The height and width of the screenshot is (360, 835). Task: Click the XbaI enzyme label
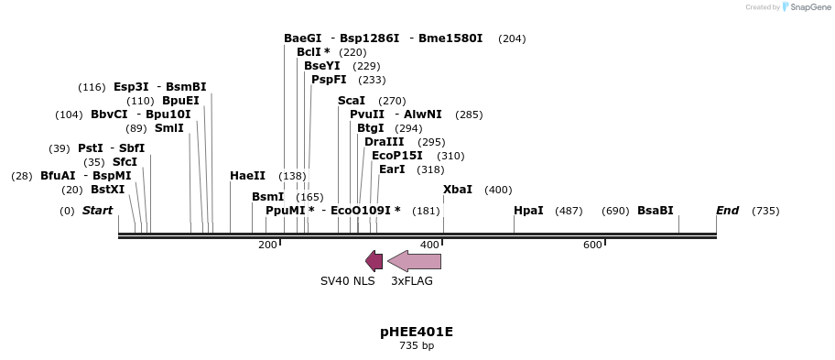coord(458,190)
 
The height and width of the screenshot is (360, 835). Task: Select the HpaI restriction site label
coord(528,211)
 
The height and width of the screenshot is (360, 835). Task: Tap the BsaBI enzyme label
coord(655,211)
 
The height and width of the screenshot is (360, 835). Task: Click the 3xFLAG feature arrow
coord(414,261)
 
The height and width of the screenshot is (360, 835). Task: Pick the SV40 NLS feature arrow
coord(374,261)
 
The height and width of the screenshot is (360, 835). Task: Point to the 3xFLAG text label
coord(412,281)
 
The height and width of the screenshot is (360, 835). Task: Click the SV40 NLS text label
coord(347,281)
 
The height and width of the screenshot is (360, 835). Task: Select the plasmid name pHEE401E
coord(417,332)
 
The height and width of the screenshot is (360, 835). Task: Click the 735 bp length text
coord(417,346)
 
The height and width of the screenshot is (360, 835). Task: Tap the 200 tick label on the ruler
coord(267,245)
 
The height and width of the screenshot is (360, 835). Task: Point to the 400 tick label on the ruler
coord(429,245)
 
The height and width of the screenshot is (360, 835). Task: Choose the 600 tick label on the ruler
coord(592,245)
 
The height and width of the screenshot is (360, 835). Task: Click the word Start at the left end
coord(97,211)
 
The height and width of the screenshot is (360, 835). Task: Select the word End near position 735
coord(727,211)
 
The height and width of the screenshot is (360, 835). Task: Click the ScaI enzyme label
coord(352,101)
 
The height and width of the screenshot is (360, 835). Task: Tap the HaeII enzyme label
coord(247,176)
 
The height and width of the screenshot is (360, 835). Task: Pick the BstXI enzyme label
coord(107,190)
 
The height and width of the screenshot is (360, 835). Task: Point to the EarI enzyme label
coord(392,169)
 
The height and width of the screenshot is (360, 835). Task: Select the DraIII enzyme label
coord(384,142)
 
